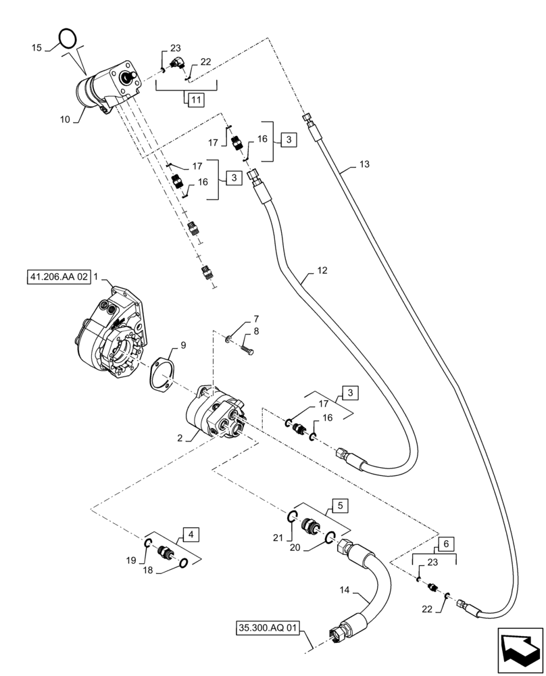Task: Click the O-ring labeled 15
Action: (66, 38)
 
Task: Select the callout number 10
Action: (65, 120)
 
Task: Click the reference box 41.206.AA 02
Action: (59, 277)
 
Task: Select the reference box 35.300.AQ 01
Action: (268, 628)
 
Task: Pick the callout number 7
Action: (256, 318)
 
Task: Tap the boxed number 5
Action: (340, 504)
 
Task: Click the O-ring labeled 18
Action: (182, 564)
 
